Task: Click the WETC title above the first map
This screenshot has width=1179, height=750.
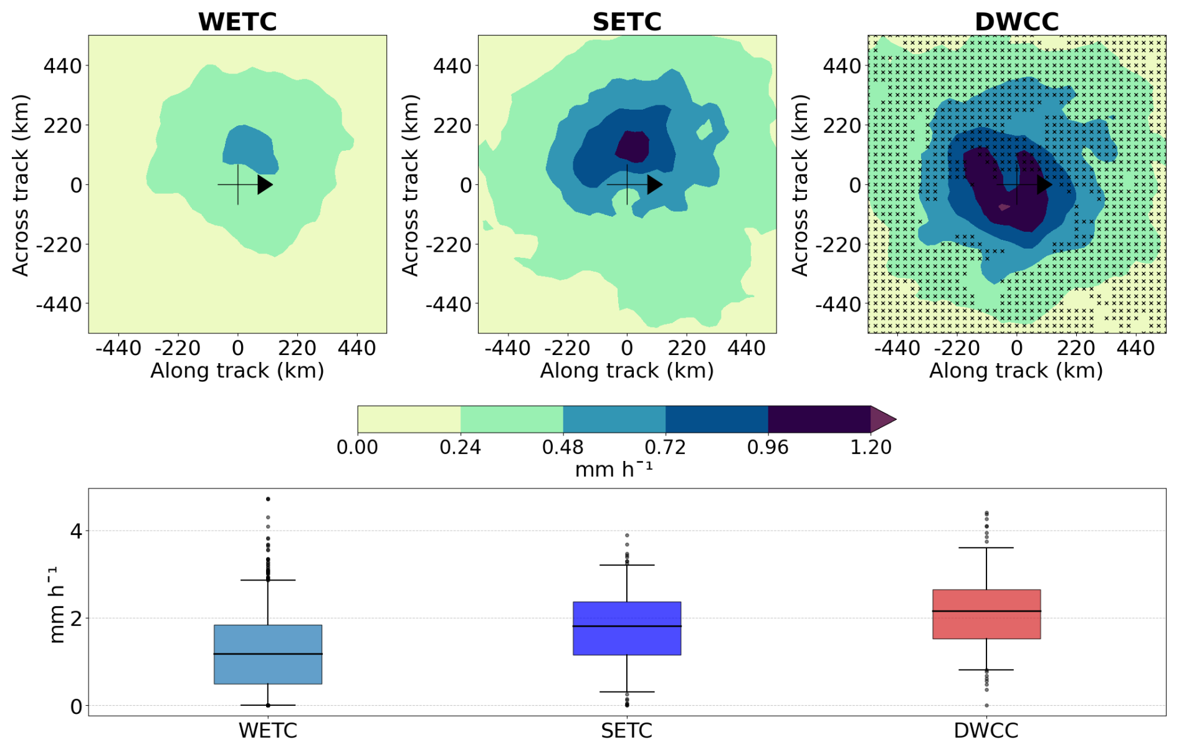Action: [x=237, y=22]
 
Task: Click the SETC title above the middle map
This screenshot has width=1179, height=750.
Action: [x=626, y=22]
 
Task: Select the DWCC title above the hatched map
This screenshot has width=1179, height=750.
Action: [x=1016, y=22]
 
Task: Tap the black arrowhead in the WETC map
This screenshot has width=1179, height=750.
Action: [x=265, y=184]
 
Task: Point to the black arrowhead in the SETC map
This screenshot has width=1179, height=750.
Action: [x=654, y=184]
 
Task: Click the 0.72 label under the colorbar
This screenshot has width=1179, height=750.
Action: [x=665, y=447]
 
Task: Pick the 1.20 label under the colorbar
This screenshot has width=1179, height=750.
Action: [x=871, y=447]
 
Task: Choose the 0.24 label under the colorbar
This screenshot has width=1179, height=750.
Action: [x=460, y=447]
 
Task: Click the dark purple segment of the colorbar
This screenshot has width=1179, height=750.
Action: [x=819, y=419]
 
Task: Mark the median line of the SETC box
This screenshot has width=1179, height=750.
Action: [x=627, y=626]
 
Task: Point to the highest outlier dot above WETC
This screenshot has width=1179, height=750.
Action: [x=268, y=499]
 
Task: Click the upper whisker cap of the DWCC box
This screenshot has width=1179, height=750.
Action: [x=986, y=548]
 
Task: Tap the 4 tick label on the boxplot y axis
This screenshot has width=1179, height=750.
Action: [x=76, y=531]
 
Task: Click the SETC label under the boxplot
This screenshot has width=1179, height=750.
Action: [x=627, y=731]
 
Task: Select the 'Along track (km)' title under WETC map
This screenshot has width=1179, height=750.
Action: [x=237, y=371]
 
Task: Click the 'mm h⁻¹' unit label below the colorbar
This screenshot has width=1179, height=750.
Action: [x=614, y=469]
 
